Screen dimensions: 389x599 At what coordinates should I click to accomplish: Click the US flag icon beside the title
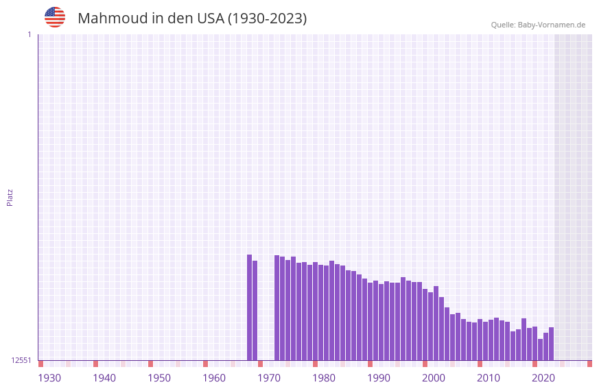pos(55,17)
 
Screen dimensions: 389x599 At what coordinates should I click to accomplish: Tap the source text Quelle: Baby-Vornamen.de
pos(538,25)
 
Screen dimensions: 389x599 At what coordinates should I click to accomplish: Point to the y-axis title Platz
pos(10,197)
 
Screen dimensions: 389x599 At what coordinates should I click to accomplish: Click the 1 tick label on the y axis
pos(30,34)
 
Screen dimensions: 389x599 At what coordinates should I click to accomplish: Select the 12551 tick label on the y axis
pos(21,360)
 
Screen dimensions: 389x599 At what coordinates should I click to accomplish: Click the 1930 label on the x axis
pos(49,378)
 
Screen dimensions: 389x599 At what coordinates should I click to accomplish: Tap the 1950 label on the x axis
pos(159,378)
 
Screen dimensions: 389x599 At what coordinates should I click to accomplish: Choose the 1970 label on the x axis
pos(269,378)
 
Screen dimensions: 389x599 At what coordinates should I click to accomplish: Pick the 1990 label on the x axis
pos(379,378)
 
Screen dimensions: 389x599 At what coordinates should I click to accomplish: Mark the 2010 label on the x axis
pos(489,378)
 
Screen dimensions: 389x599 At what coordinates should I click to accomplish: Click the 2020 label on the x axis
pos(543,378)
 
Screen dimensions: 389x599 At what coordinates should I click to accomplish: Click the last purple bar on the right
pos(551,344)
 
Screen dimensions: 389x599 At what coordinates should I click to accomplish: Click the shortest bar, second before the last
pos(540,349)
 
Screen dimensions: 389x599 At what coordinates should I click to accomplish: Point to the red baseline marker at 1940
pos(96,364)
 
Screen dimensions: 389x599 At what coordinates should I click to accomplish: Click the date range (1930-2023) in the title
pos(267,19)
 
